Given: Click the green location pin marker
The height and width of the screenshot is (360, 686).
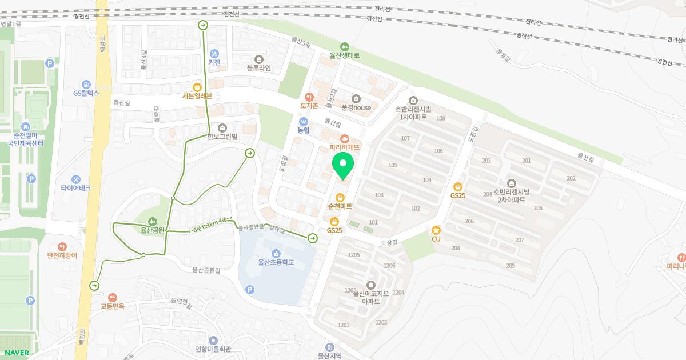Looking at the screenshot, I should coord(343,165).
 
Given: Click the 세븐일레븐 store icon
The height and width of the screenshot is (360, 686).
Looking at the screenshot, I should coord(197,87).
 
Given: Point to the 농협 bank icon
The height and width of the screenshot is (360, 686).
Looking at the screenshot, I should coord(303,122).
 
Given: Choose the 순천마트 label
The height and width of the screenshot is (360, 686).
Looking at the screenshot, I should coord(340,206).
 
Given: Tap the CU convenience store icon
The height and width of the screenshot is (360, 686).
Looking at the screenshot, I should coord(436,230).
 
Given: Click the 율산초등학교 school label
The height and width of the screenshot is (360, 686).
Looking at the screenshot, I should coord(276,262).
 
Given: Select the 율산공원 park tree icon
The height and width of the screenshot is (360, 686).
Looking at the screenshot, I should coord(153,221).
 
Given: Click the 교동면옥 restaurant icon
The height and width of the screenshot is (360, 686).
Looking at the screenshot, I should coord(113,297).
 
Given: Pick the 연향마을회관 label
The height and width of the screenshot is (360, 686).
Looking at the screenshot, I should coord(213,349).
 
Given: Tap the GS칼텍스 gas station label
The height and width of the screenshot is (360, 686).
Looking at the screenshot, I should coord(86,93).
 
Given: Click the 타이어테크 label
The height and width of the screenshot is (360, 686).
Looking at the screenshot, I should coord(75,187).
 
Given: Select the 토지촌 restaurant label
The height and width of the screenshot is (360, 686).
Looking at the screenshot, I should coord(309,106).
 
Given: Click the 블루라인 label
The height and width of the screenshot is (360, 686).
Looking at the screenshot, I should coord(258,68).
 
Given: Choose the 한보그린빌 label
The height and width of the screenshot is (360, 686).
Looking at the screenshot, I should coord(222,137).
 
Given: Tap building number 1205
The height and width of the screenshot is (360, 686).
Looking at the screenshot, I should coord(354,255).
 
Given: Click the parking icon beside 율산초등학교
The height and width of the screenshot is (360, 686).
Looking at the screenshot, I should coord(249,290).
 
